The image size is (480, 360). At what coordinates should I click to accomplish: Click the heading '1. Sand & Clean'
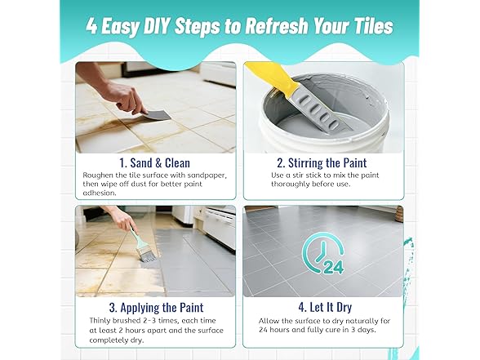(155, 163)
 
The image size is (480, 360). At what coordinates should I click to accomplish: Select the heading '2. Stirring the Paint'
(322, 163)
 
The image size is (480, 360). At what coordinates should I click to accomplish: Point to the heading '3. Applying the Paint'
(156, 307)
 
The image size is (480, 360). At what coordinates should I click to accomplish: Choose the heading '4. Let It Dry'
(325, 307)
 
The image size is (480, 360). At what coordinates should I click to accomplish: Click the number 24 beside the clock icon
(333, 267)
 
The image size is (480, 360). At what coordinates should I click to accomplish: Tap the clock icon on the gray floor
(321, 251)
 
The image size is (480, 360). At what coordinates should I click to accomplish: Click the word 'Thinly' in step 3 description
(100, 321)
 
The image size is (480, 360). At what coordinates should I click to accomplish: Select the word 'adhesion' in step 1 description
(100, 193)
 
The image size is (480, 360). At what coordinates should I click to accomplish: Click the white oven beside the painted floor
(219, 226)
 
